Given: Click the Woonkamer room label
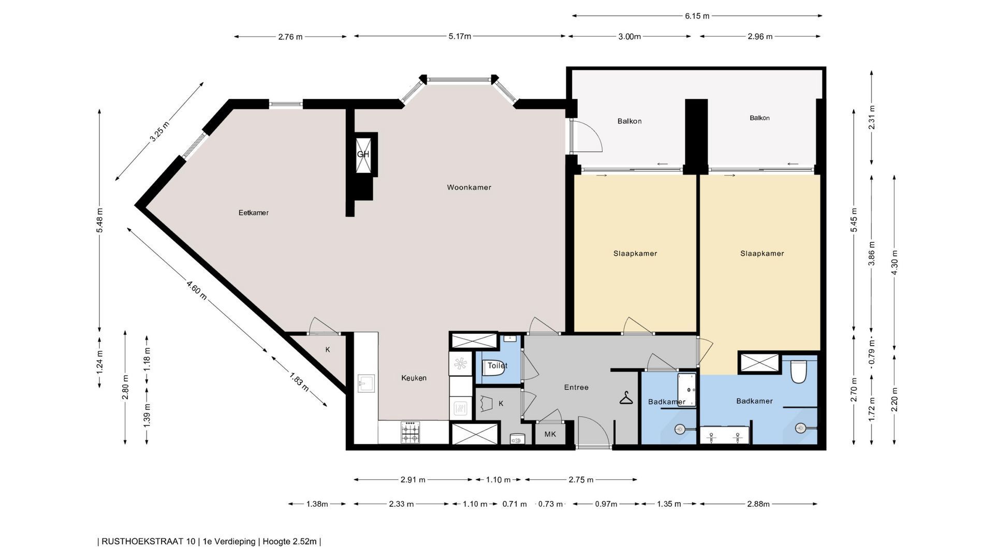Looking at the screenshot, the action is coord(469,187).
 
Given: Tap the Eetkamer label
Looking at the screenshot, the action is coord(254,213).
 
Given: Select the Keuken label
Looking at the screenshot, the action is coord(414,378).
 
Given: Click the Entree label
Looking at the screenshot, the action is coord(576,387).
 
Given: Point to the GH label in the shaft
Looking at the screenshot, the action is coord(363,154).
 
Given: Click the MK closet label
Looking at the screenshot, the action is coord(550,434).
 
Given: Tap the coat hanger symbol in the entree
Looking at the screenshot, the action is coord(626,398).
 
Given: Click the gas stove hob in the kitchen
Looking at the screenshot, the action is coord(411,432).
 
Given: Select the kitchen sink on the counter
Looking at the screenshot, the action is coord(366,383).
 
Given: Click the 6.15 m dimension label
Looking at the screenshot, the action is coord(697,16).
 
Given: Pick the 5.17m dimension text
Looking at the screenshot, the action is coord(460,36).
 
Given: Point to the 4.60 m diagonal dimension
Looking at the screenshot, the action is coord(197,290).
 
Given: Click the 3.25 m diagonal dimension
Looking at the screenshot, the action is coord(159,131).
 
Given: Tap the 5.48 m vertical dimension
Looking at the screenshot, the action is coord(99,220).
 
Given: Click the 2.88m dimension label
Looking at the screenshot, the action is coord(758,504).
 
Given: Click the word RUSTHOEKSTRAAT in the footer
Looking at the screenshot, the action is coord(149,541).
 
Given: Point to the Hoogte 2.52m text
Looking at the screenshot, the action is coord(289,541).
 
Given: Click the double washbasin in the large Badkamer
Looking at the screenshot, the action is coord(724,436).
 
